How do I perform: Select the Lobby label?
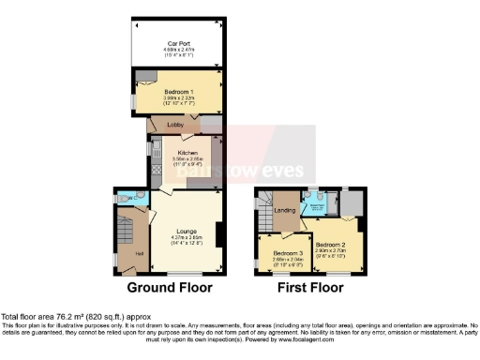point(175,124)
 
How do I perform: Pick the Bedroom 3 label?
point(287,253)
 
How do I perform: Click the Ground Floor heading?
point(169,288)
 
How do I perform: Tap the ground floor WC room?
point(128,198)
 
